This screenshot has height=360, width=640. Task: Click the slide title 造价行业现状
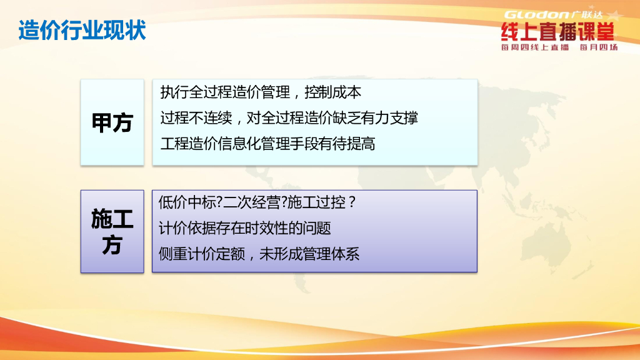(82, 30)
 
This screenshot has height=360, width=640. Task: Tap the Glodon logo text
(537, 15)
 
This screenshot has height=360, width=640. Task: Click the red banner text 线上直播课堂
(558, 32)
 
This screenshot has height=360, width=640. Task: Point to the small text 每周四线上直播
(535, 47)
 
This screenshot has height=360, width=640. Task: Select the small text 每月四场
(599, 47)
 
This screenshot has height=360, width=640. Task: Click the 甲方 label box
(112, 122)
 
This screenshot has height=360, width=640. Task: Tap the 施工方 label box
(112, 231)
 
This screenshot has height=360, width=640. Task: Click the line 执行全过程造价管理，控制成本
(261, 92)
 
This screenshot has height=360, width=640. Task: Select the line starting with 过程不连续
(289, 118)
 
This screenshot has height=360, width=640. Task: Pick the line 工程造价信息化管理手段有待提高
(267, 144)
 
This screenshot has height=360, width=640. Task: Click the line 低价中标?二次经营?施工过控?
(257, 202)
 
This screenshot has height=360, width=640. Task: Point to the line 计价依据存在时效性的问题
(245, 228)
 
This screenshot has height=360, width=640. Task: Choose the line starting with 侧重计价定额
(259, 254)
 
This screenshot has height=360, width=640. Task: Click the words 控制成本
(333, 92)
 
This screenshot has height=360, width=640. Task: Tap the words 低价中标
(187, 202)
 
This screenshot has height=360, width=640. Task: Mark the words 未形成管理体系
(309, 254)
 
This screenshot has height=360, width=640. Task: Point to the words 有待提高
(347, 144)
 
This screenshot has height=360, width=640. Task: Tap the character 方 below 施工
(112, 246)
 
